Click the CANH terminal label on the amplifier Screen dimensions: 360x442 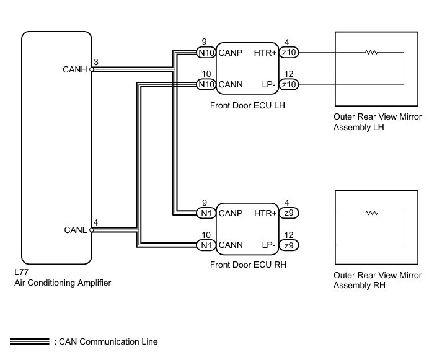pyautogui.click(x=76, y=69)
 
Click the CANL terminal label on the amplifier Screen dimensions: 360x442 pyautogui.click(x=76, y=230)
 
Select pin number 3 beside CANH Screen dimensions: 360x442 pyautogui.click(x=95, y=62)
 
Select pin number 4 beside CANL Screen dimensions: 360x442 pyautogui.click(x=95, y=222)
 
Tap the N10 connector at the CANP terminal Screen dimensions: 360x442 pyautogui.click(x=206, y=53)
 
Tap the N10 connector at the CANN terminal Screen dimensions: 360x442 pyautogui.click(x=206, y=84)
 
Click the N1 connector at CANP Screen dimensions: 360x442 pyautogui.click(x=206, y=214)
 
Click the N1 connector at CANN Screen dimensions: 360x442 pyautogui.click(x=206, y=244)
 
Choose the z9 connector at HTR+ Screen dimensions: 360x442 pyautogui.click(x=288, y=214)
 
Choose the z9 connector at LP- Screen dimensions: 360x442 pyautogui.click(x=288, y=244)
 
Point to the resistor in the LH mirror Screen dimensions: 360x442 pyautogui.click(x=372, y=53)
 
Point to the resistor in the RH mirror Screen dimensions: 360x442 pyautogui.click(x=372, y=214)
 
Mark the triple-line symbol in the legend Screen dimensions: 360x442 pyautogui.click(x=30, y=341)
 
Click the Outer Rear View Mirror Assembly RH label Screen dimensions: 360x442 pyautogui.click(x=377, y=280)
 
